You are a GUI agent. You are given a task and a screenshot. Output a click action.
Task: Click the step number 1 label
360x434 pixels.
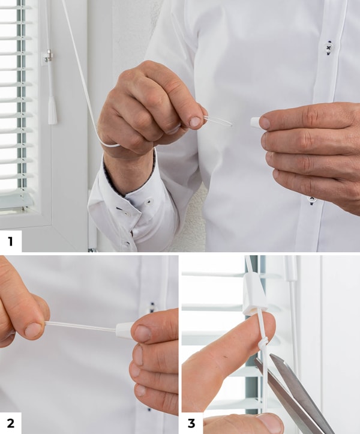point(10,241)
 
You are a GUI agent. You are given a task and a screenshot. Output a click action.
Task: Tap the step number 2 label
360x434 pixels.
point(11,423)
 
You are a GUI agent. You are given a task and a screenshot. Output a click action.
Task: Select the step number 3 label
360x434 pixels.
point(191,423)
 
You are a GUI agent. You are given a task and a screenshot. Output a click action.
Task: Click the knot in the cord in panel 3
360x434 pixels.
point(263,343)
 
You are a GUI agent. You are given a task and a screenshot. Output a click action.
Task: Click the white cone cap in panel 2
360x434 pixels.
point(124,330)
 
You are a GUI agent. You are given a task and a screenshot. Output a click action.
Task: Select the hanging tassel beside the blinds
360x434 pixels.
point(52,110)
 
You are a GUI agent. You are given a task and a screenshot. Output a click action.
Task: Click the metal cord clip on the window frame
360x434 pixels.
point(49,56)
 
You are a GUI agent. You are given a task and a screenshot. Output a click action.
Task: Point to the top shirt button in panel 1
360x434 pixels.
point(328,48)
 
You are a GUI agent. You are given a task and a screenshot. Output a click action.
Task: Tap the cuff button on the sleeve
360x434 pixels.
point(149,202)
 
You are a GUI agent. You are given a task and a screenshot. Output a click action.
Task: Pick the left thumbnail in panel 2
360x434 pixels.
point(32,331)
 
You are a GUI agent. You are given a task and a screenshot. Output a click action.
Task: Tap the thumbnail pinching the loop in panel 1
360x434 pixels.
point(195,122)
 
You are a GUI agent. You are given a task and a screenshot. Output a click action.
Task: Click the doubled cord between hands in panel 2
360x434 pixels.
point(80,327)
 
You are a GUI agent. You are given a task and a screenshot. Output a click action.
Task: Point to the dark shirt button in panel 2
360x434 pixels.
point(152,306)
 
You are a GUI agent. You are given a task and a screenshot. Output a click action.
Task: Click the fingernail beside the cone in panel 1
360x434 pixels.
point(265,123)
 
